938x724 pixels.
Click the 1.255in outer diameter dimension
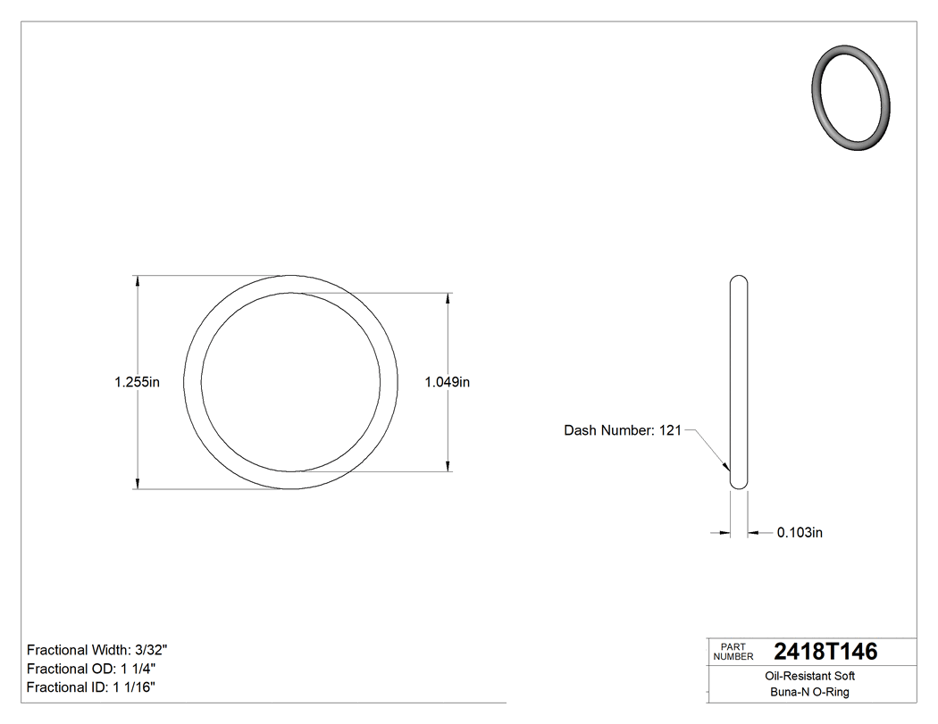click(x=137, y=382)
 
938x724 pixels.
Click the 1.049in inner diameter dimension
click(x=447, y=382)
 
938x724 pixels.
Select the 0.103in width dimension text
click(x=799, y=533)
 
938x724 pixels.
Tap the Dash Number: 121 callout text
click(x=622, y=430)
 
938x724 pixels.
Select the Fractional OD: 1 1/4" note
click(x=93, y=669)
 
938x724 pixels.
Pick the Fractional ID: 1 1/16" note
click(x=91, y=687)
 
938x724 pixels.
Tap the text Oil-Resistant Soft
click(x=810, y=676)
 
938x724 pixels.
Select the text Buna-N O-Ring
click(x=810, y=692)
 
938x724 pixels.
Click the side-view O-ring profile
click(x=739, y=382)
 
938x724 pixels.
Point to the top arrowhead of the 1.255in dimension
click(x=137, y=281)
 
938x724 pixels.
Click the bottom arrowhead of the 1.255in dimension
click(x=137, y=483)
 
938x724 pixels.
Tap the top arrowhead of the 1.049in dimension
click(x=447, y=299)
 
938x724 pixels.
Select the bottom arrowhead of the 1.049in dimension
click(x=447, y=464)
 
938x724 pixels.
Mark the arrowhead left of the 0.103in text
click(x=725, y=533)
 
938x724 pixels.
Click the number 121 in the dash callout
click(x=670, y=430)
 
